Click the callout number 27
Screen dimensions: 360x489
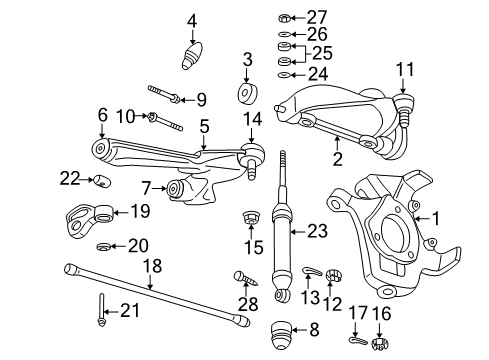pyautogui.click(x=317, y=17)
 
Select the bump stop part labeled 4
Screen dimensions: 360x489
pyautogui.click(x=192, y=54)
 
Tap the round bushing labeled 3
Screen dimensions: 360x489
pyautogui.click(x=246, y=95)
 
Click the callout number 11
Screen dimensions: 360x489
pyautogui.click(x=404, y=69)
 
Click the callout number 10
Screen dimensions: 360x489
pyautogui.click(x=125, y=117)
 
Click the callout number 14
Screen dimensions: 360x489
pyautogui.click(x=251, y=119)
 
